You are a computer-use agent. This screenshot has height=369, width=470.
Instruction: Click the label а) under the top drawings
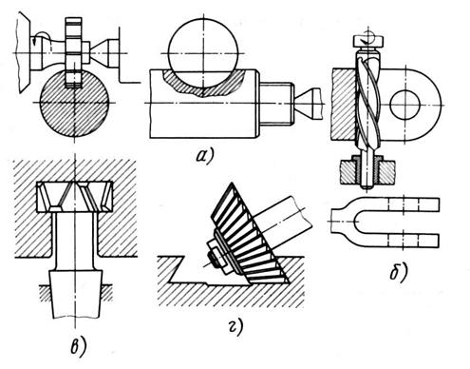point(205,155)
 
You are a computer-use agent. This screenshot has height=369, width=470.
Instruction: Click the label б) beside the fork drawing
point(399,273)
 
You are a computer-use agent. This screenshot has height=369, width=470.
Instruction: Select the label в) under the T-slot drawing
point(78,347)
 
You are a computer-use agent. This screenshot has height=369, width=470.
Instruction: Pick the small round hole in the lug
point(404,105)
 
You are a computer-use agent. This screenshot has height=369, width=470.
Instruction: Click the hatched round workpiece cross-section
point(75,103)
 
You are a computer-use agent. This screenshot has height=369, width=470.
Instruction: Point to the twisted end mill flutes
point(367,102)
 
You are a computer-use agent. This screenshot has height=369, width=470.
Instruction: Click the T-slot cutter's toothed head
point(75,197)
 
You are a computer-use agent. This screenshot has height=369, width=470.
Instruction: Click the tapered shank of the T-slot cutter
point(76,294)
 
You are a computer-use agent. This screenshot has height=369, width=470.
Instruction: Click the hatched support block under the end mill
point(367,172)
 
